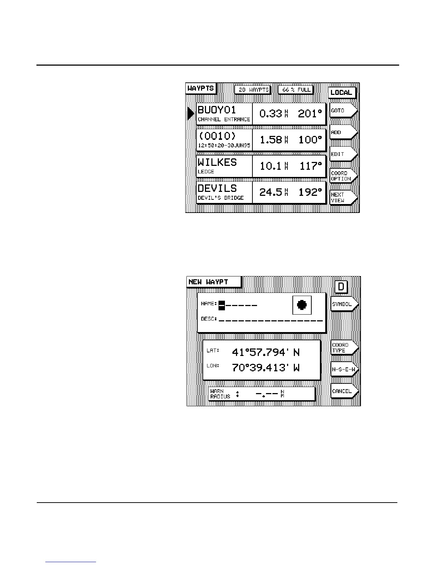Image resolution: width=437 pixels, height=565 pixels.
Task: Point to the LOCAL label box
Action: (x=342, y=93)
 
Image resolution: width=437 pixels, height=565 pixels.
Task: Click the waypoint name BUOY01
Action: (x=217, y=110)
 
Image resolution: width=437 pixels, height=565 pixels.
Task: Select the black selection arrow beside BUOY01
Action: (x=191, y=113)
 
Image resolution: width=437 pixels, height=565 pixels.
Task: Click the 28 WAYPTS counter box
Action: (x=253, y=90)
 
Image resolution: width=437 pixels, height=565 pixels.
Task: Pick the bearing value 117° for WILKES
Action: (x=310, y=166)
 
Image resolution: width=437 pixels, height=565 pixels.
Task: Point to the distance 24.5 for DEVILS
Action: (x=271, y=192)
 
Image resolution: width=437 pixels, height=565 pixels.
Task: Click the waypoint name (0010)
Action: (x=217, y=136)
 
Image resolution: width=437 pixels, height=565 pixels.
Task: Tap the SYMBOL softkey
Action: (x=343, y=304)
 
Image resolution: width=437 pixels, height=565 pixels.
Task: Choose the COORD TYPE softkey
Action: (x=343, y=348)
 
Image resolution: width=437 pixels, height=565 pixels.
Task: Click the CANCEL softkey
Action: (x=343, y=391)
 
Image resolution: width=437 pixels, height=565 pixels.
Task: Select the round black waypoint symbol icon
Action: (x=302, y=305)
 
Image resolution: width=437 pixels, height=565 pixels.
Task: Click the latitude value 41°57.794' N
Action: (x=266, y=352)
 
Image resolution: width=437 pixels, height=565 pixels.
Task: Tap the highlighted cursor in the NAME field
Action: (x=222, y=305)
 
